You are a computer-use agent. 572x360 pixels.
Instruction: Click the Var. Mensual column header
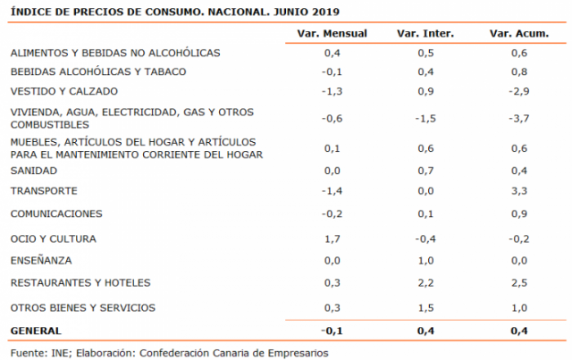click(x=332, y=34)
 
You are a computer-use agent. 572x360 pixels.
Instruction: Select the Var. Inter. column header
click(x=425, y=34)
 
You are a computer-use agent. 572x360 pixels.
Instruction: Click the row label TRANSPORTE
click(x=44, y=191)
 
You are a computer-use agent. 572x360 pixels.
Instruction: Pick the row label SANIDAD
click(x=33, y=171)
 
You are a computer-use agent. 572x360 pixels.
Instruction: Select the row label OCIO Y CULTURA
click(x=53, y=239)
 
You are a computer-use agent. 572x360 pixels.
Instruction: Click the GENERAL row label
click(x=34, y=331)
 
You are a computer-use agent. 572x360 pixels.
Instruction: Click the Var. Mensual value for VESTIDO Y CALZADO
click(x=332, y=92)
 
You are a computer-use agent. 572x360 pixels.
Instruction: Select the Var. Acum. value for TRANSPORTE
click(x=518, y=191)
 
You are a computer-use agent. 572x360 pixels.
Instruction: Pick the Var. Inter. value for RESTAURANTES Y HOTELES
click(x=425, y=283)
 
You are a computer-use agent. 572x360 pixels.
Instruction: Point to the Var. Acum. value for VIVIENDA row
click(x=517, y=119)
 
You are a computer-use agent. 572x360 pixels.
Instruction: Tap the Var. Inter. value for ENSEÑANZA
click(x=425, y=261)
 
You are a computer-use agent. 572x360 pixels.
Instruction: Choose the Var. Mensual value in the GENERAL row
click(x=332, y=331)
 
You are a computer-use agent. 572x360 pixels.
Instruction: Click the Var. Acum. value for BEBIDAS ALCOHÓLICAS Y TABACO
click(x=518, y=72)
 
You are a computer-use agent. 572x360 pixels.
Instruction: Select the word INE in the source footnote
click(x=59, y=352)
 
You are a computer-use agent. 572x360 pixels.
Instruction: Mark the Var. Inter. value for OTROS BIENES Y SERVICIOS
click(x=425, y=308)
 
